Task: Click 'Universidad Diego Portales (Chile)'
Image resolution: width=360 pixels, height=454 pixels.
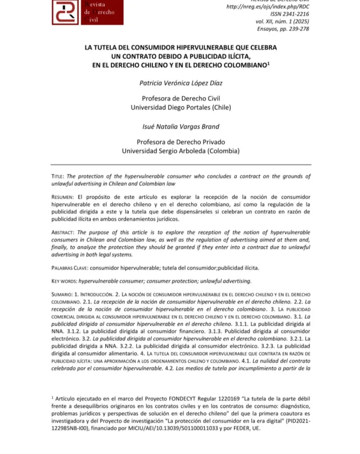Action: pyautogui.click(x=181, y=107)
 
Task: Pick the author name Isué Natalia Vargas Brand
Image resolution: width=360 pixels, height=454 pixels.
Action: pyautogui.click(x=181, y=127)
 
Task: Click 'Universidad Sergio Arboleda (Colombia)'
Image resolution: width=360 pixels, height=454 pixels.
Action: pyautogui.click(x=181, y=151)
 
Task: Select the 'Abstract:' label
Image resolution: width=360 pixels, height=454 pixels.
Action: pyautogui.click(x=63, y=232)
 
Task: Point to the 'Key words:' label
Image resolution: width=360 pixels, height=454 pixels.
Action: pyautogui.click(x=64, y=280)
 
